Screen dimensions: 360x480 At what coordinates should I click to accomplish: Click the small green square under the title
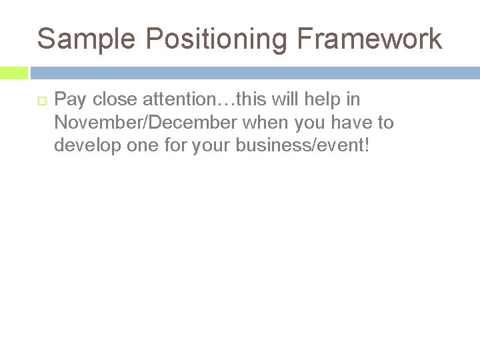click(14, 73)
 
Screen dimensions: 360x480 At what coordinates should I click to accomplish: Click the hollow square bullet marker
click(40, 101)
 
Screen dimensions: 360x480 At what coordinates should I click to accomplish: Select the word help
click(320, 101)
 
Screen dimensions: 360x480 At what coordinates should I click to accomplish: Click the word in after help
click(353, 101)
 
